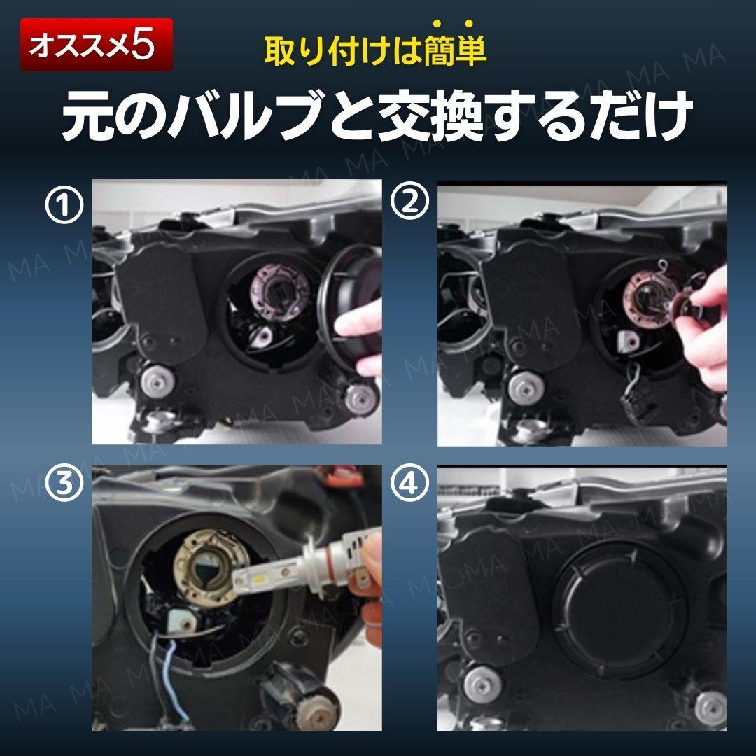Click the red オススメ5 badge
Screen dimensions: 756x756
coord(97,45)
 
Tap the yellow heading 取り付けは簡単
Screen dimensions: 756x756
coord(375,50)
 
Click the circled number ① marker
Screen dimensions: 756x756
coord(64,204)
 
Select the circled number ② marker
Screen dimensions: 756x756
coord(409,203)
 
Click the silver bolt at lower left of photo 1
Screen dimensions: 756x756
coord(157,379)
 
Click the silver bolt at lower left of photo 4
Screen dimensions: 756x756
coord(481,683)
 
